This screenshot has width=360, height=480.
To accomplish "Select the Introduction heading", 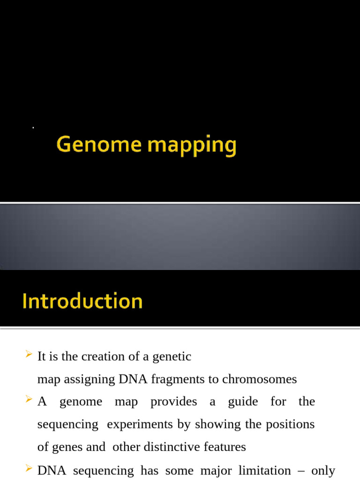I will click(x=82, y=301).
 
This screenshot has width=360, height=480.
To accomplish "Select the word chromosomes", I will click(x=259, y=379).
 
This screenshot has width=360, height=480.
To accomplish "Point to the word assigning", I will click(x=90, y=379).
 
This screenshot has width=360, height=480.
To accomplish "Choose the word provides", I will click(x=173, y=402).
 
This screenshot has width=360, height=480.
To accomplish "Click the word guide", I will click(x=243, y=402).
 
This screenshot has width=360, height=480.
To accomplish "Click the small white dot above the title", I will click(x=33, y=127).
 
